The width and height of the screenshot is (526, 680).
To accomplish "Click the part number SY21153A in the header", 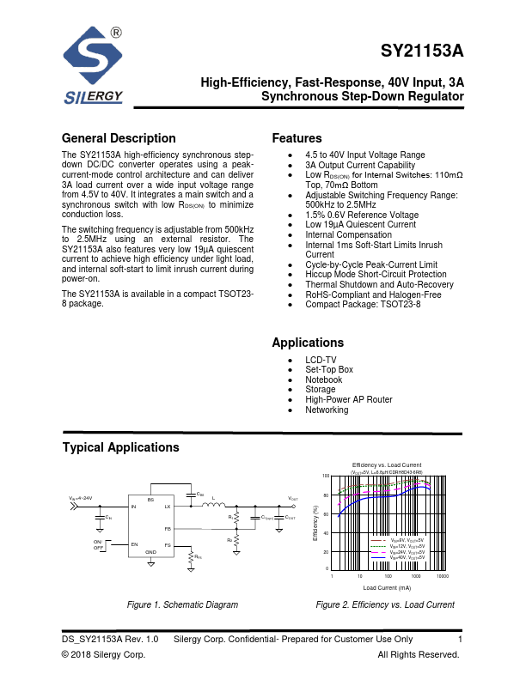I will [x=422, y=51].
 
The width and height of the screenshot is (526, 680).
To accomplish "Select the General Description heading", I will [x=119, y=138].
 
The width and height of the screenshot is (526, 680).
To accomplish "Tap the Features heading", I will [x=297, y=138].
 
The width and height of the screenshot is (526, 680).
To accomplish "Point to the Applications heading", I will [x=308, y=343].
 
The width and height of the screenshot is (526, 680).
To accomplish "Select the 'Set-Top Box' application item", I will [x=329, y=369].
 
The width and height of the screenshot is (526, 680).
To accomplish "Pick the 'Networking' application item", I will [x=327, y=410].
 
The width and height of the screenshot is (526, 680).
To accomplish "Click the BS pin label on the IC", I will [x=150, y=499].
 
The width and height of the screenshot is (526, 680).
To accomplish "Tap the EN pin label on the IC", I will [x=134, y=544].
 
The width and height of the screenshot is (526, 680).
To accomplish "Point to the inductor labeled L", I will [x=213, y=500].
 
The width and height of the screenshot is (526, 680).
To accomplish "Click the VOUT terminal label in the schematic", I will [x=293, y=499].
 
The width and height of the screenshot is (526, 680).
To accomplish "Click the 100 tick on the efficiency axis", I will [x=326, y=476].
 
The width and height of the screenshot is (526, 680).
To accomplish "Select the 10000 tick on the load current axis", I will [x=443, y=576].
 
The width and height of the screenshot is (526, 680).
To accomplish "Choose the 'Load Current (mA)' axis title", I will [x=387, y=587].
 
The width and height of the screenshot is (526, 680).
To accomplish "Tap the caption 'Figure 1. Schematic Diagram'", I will [x=182, y=604].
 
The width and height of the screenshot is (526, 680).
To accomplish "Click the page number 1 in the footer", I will [x=461, y=639].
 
